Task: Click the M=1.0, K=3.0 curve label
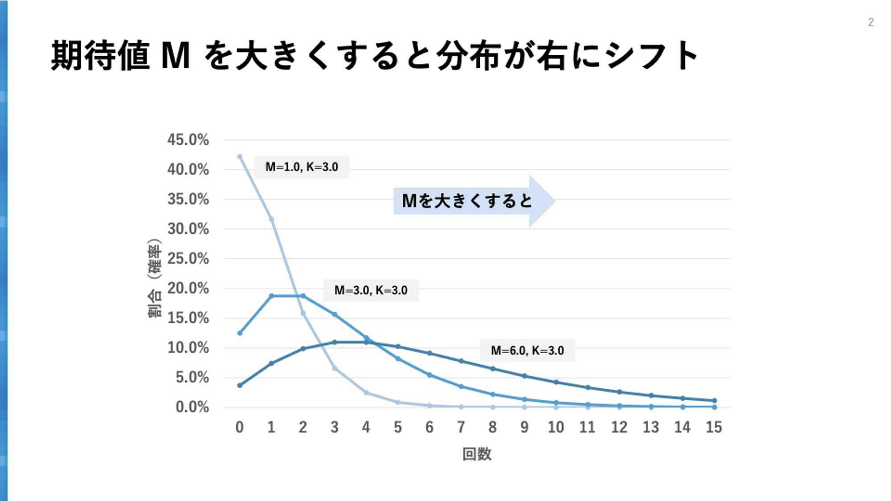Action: click(x=302, y=167)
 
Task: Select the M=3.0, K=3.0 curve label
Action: click(x=371, y=290)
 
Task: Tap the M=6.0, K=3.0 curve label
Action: click(x=527, y=350)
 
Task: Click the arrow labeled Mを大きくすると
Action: click(x=472, y=201)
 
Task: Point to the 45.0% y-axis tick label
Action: click(x=188, y=140)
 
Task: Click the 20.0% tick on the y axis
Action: click(x=188, y=288)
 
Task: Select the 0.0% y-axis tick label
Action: click(x=192, y=407)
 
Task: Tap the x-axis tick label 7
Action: click(x=461, y=428)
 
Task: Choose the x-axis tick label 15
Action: click(x=714, y=428)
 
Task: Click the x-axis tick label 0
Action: click(x=240, y=428)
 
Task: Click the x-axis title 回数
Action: click(x=477, y=454)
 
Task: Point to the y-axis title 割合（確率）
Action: click(x=154, y=278)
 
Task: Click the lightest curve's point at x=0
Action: click(x=240, y=157)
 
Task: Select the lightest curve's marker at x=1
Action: click(x=271, y=220)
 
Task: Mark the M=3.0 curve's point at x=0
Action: click(x=240, y=333)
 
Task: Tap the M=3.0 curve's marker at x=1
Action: click(x=271, y=296)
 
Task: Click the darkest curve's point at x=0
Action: click(x=240, y=385)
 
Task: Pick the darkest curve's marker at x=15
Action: click(x=714, y=400)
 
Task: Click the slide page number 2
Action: click(x=871, y=22)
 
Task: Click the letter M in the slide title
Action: click(x=176, y=56)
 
